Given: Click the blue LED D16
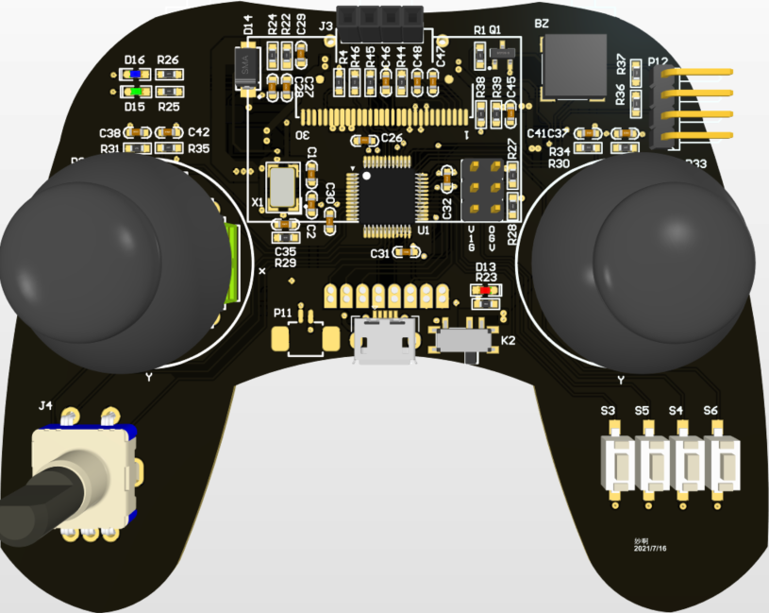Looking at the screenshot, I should pos(137,74).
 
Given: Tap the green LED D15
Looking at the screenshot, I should pos(137,92).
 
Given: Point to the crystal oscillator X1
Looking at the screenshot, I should pos(282,185).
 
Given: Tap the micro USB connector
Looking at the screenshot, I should pos(384,341).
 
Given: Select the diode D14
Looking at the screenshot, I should pos(246,69).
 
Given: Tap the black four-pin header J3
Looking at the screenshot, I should pos(382,17).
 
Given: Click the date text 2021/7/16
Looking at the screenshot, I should pos(651,548).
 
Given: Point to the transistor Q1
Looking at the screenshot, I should pos(503,59).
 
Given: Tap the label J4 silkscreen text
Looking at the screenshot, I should pos(45,406).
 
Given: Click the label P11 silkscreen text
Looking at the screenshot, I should pos(283,313).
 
